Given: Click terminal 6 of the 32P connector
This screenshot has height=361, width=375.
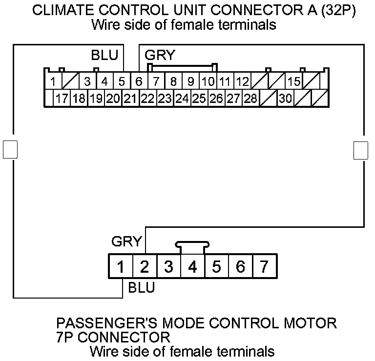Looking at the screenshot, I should coord(139,81).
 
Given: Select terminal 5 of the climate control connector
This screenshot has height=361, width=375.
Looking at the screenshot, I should coord(122,81).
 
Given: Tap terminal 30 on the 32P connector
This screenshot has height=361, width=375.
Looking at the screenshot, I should coord(286,99).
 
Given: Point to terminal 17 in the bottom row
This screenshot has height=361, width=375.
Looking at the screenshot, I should coord(62,99).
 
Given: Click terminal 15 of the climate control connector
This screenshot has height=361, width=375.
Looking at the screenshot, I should coord(294,81).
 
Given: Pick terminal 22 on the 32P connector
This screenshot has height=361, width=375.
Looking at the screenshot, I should coord(147,99).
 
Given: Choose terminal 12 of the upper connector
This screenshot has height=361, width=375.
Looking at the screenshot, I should coord(243,81).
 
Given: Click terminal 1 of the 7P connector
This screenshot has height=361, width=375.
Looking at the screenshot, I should coord(120,267).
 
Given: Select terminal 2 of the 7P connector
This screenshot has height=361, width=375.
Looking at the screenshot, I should coord(145,267).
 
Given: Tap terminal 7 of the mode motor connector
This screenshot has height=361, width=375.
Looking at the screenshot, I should coord(264,267).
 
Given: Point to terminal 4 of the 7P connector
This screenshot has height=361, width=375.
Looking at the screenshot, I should coord(192,267).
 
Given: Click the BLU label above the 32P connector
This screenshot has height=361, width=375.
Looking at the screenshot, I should coord(104,55).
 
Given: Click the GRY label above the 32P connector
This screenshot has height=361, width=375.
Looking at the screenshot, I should coord(160,55).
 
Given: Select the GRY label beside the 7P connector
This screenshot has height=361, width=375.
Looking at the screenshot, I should coord(126,241).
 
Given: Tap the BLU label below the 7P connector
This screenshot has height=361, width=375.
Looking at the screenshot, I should coord(141,287).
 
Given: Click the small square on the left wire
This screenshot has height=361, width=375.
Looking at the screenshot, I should coord(10,149).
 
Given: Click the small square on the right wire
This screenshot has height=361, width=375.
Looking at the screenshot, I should coord(360,150).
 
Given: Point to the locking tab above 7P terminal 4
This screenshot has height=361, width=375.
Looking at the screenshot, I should coord(192,247).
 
